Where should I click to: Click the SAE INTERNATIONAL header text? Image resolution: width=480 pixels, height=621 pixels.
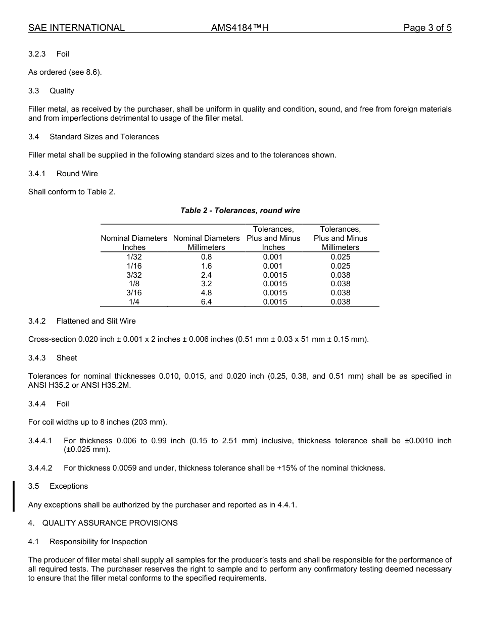[x=76, y=28]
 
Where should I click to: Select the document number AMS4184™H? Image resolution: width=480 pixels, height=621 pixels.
[x=239, y=28]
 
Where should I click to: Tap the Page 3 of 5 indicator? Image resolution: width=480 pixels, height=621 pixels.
[x=427, y=28]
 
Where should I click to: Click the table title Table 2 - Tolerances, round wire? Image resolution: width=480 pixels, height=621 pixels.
[x=240, y=211]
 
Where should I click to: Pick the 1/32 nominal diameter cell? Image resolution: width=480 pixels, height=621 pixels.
[x=134, y=256]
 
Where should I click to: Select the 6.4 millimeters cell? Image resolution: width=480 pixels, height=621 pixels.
[x=206, y=302]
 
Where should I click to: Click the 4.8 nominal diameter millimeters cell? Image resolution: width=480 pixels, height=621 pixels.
[x=206, y=293]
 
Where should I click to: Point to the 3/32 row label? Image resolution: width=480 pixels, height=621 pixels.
[x=134, y=275]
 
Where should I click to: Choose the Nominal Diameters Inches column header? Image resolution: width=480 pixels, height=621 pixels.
[x=134, y=243]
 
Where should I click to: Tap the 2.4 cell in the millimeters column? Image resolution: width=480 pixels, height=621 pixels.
[x=206, y=275]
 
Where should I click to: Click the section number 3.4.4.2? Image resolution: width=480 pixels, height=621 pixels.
[x=40, y=468]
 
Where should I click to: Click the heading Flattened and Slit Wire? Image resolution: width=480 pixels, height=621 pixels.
[x=96, y=321]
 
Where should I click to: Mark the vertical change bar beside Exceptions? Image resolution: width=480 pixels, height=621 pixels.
[x=14, y=496]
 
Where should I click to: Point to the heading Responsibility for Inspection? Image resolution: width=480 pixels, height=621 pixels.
[x=98, y=542]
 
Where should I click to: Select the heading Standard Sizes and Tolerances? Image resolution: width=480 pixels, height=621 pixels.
[x=104, y=137]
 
